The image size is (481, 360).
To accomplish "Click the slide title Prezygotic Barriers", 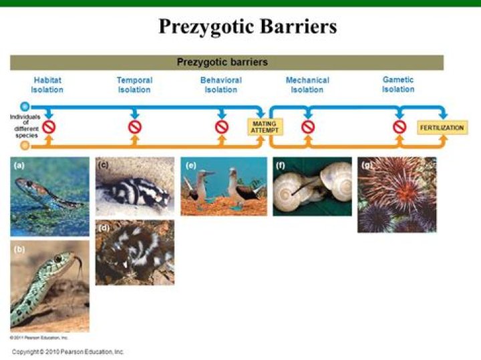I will coord(247,26).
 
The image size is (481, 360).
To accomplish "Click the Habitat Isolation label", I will coord(47,85).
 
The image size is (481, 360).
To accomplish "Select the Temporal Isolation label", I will coord(134,85).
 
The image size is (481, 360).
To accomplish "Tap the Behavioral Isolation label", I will coord(221,85).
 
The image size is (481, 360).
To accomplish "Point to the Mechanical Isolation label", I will coord(307,85).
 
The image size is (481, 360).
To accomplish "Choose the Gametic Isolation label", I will coord(398,84).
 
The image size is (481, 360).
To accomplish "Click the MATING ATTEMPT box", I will coord(265,127).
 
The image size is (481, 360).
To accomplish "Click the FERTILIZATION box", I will coord(442,128).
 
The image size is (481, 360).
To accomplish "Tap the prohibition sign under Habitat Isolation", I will coord(49,126).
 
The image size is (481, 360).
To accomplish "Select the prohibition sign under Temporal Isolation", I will coord(135,126).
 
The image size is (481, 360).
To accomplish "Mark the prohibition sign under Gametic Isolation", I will coord(399,126).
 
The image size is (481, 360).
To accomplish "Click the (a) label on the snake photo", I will coord(19,165).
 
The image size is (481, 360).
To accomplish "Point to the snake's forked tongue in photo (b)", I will coord(79,266).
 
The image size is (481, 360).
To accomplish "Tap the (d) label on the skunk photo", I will coord(104,228).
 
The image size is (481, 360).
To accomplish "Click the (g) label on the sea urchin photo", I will coord(366,165).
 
